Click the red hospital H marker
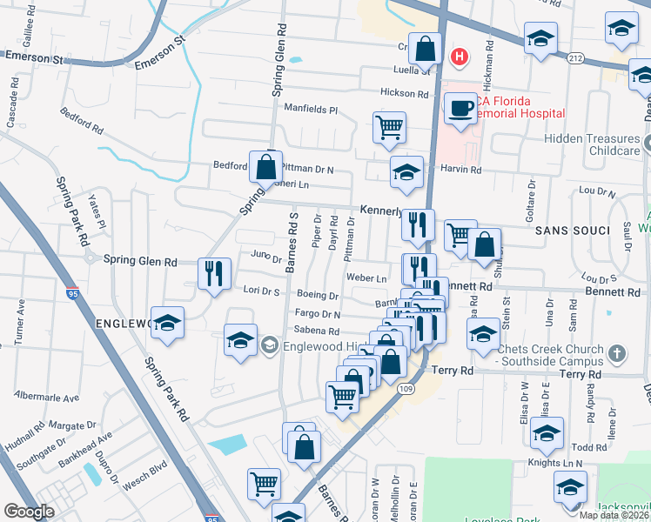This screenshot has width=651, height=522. click(x=459, y=57)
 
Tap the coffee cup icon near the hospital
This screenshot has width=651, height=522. click(x=460, y=110)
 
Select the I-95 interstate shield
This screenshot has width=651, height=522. click(x=70, y=294)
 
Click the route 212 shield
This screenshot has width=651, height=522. click(x=575, y=57)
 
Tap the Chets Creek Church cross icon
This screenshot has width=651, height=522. click(x=617, y=354)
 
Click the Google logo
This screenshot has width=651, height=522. click(x=29, y=511)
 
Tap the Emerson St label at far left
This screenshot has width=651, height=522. click(x=35, y=55)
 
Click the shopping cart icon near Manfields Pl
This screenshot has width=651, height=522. click(x=389, y=127)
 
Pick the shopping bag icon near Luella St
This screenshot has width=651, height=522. click(x=426, y=49)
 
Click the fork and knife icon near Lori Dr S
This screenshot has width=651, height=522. click(x=213, y=273)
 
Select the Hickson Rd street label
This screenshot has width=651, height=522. click(x=404, y=93)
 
